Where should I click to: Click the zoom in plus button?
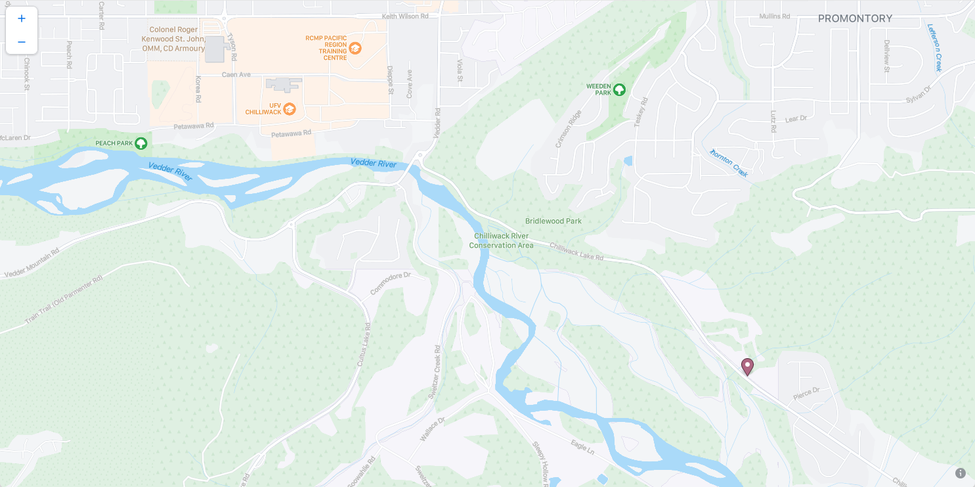[x=22, y=18]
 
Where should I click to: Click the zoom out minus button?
[x=22, y=42]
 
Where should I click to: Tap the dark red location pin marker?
[x=747, y=366]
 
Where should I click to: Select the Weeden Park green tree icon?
[x=619, y=89]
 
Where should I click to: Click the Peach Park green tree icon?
[x=141, y=143]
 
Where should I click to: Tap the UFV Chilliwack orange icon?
[x=290, y=108]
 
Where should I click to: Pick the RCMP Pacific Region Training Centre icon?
[x=355, y=48]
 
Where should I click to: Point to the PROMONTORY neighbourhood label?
[x=855, y=18]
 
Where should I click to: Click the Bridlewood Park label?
[x=553, y=221]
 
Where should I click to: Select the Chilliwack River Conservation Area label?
[x=501, y=241]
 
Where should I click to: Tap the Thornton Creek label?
[x=729, y=162]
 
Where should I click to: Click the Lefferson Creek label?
[x=935, y=47]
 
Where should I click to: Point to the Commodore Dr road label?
[x=390, y=283]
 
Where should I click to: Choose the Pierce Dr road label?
[x=806, y=394]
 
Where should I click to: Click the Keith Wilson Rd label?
[x=405, y=16]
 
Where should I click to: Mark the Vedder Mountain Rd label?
[x=32, y=262]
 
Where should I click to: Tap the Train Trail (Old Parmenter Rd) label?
[x=64, y=300]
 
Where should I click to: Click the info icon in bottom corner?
[x=960, y=473]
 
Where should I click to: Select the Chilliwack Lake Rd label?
[x=576, y=252]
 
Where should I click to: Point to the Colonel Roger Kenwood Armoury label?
[x=174, y=39]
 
